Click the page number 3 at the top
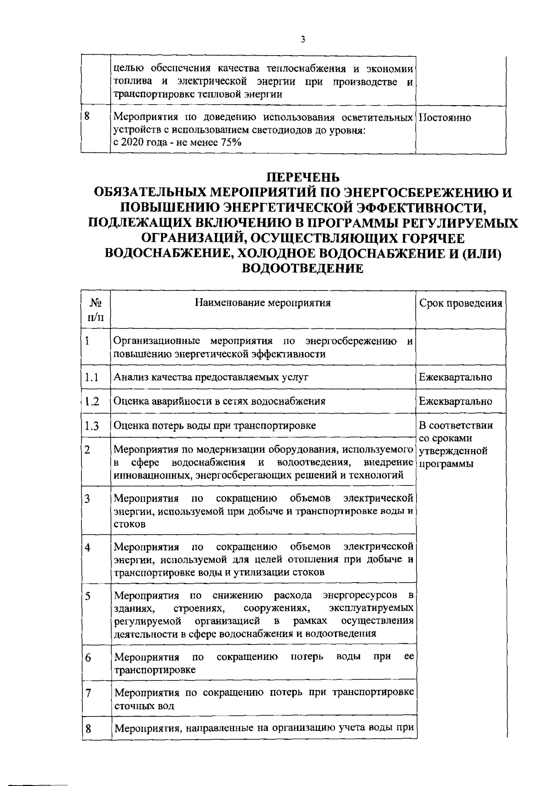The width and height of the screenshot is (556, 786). [303, 39]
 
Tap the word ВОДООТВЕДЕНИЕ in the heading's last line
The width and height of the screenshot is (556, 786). [303, 269]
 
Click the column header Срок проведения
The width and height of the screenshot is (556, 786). [461, 303]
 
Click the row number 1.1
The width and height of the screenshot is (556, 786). [92, 377]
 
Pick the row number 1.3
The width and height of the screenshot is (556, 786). [92, 426]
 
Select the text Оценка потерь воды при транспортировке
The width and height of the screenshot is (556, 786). [215, 425]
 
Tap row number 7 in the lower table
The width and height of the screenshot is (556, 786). [87, 693]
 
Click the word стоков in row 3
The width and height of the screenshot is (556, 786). [130, 524]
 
